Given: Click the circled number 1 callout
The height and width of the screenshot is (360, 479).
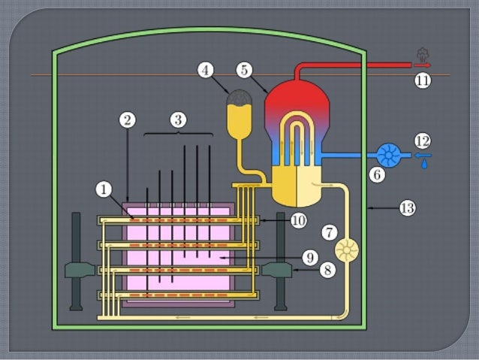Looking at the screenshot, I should coord(103,190).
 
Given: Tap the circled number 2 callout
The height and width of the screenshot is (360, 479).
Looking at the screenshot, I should coord(128,120).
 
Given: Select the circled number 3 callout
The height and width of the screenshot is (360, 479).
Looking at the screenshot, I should coord(177,119).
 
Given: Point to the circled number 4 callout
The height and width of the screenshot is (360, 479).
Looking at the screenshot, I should coord(206,70).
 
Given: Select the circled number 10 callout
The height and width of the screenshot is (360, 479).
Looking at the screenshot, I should coord(299,220).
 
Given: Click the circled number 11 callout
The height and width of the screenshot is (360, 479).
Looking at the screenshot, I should coord(423,80).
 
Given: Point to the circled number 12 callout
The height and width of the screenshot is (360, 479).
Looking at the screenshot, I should coord(423,140).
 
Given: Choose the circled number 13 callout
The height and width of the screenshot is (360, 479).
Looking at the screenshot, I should coord(407,208).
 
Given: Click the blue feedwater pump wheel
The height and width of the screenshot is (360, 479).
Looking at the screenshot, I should coord(388,156).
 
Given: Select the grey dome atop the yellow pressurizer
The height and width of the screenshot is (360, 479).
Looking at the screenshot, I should coord(239,98).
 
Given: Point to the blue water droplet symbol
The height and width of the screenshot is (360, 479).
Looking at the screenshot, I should coord(425,162).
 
